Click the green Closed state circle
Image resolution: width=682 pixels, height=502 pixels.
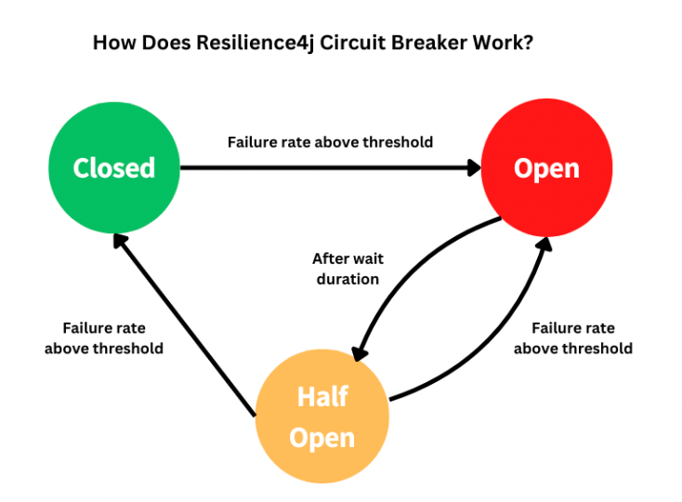pyautogui.click(x=114, y=168)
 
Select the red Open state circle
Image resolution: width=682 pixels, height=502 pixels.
pyautogui.click(x=546, y=168)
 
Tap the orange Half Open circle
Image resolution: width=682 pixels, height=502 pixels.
pyautogui.click(x=321, y=416)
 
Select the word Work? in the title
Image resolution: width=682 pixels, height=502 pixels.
pyautogui.click(x=507, y=44)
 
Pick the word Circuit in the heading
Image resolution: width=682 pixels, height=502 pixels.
pyautogui.click(x=365, y=44)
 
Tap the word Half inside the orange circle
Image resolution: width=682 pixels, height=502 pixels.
pyautogui.click(x=321, y=397)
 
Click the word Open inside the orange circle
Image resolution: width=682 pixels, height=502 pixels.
pyautogui.click(x=321, y=437)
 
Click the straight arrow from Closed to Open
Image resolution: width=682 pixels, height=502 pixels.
pyautogui.click(x=325, y=168)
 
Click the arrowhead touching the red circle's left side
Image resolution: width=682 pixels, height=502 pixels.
pyautogui.click(x=473, y=168)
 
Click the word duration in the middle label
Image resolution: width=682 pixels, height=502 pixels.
pyautogui.click(x=347, y=279)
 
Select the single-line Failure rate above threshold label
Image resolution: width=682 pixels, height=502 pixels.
pyautogui.click(x=330, y=142)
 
